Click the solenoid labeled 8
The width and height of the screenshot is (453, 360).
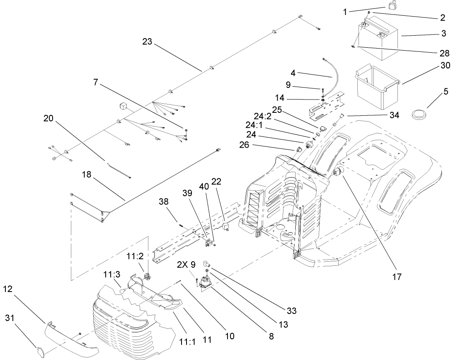(x=204, y=285)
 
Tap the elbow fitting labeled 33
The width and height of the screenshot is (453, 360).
(x=206, y=264)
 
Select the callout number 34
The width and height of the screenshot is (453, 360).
(x=393, y=116)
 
